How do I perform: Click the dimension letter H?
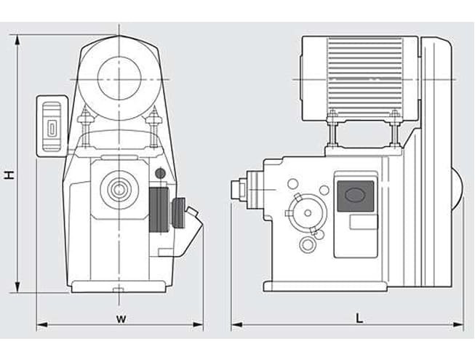tap(8, 175)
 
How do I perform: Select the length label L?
tap(360, 318)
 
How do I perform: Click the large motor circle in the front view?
tap(119, 75)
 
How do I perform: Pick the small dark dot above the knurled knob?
tap(160, 173)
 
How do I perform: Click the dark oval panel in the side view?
tap(356, 196)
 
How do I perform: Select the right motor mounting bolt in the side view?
tap(395, 127)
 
